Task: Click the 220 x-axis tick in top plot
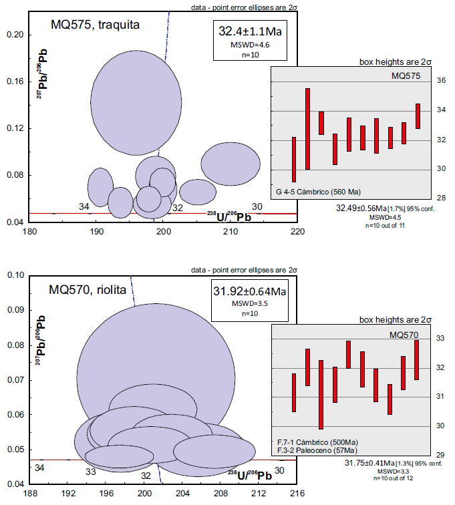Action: [x=297, y=232]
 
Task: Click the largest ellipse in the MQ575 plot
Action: [x=136, y=100]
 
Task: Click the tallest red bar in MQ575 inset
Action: [x=307, y=129]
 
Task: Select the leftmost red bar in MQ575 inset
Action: [x=294, y=159]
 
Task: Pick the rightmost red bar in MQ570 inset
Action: [x=416, y=360]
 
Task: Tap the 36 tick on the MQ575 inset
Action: [x=422, y=81]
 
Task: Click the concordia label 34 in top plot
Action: [x=84, y=207]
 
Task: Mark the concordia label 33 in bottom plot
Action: [x=91, y=472]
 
